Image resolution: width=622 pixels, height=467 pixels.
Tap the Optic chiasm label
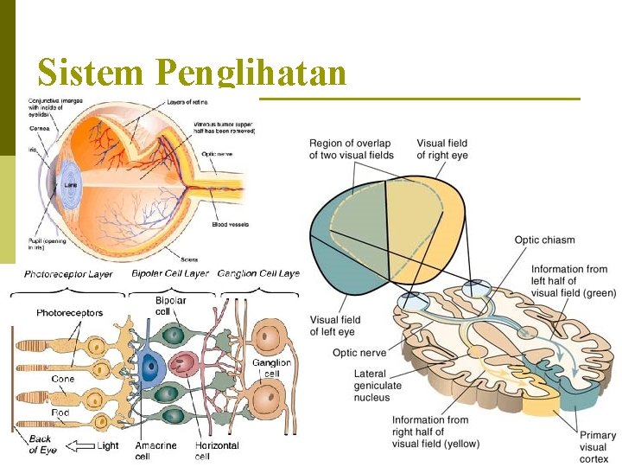click(x=544, y=240)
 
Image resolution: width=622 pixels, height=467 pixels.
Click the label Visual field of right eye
click(x=442, y=149)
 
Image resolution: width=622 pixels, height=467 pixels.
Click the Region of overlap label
click(x=351, y=149)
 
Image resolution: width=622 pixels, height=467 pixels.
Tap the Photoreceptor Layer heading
click(x=68, y=274)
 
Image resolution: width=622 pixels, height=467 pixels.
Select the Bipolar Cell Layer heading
click(x=170, y=274)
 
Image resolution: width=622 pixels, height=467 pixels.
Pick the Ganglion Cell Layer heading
click(x=258, y=274)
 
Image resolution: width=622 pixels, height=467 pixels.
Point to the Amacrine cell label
click(x=156, y=451)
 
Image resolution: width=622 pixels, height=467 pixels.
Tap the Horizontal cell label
click(x=217, y=451)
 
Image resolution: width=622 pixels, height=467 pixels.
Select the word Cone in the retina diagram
click(x=62, y=379)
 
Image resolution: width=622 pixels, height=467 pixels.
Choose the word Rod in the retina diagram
click(x=60, y=413)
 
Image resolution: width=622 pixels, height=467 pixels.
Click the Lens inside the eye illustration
click(x=71, y=185)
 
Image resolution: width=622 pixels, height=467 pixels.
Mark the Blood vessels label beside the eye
click(x=230, y=225)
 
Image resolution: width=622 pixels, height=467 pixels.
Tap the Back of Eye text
click(x=41, y=445)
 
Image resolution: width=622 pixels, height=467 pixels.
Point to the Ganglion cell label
click(x=271, y=368)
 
